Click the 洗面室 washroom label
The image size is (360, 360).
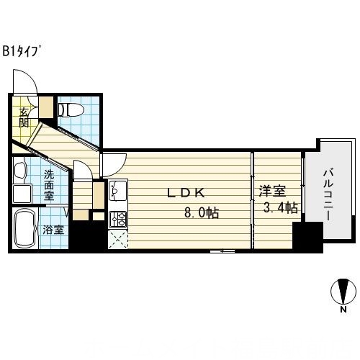tap(48, 184)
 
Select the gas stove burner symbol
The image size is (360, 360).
tap(117, 217)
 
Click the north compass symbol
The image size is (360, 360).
tap(342, 292)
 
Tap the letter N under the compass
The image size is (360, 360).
tap(343, 310)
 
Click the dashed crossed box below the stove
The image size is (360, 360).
tap(117, 239)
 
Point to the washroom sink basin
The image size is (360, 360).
tap(20, 171)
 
